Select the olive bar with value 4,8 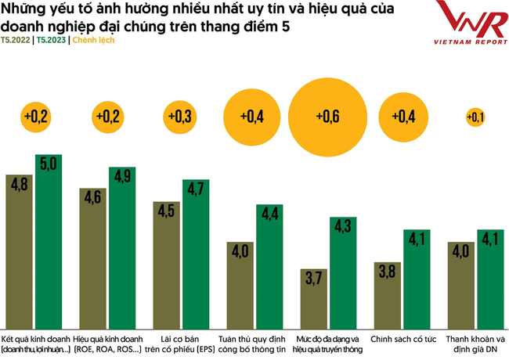point(19,250)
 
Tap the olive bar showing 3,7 point(314,297)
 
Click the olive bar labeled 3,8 point(388,293)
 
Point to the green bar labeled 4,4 point(270,265)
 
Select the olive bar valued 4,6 point(92,257)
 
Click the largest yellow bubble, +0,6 point(328,117)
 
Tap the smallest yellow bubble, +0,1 point(475,117)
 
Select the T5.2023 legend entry point(52,39)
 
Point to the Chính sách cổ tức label point(402,338)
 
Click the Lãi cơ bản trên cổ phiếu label point(182,343)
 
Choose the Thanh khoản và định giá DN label point(475,343)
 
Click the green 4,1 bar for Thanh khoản point(490,279)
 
